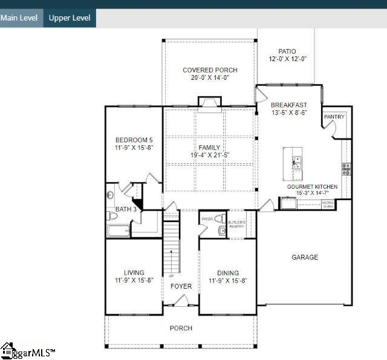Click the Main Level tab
[20, 18]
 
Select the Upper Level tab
[70, 18]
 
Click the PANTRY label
[334, 117]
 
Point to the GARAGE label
[305, 257]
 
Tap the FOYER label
[181, 286]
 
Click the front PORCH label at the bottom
[181, 328]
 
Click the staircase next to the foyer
[172, 248]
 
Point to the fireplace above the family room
[210, 104]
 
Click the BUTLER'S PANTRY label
[236, 224]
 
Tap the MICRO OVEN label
[327, 205]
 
